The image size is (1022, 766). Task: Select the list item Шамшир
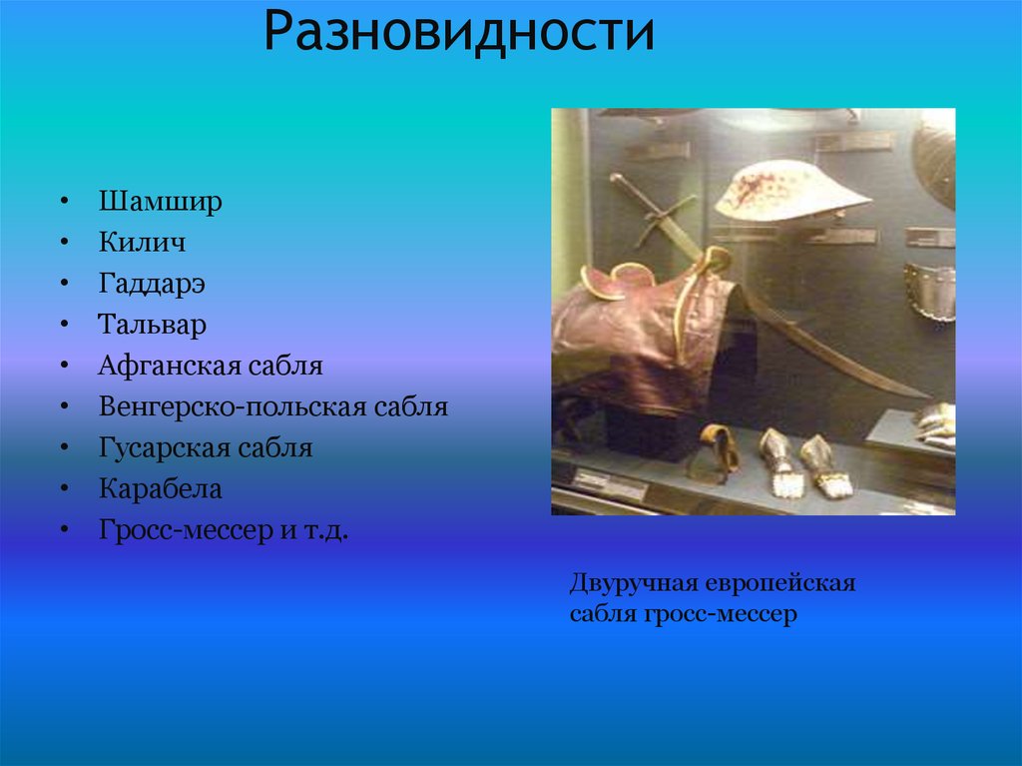(x=160, y=202)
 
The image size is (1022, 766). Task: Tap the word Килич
(x=142, y=243)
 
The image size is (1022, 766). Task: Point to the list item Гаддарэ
(x=152, y=284)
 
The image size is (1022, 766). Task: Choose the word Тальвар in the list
(x=152, y=325)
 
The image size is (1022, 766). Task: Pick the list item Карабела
(x=160, y=489)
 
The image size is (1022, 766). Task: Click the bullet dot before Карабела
(x=64, y=490)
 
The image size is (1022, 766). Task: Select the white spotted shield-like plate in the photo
(x=788, y=190)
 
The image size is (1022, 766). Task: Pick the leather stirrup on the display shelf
(x=719, y=449)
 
